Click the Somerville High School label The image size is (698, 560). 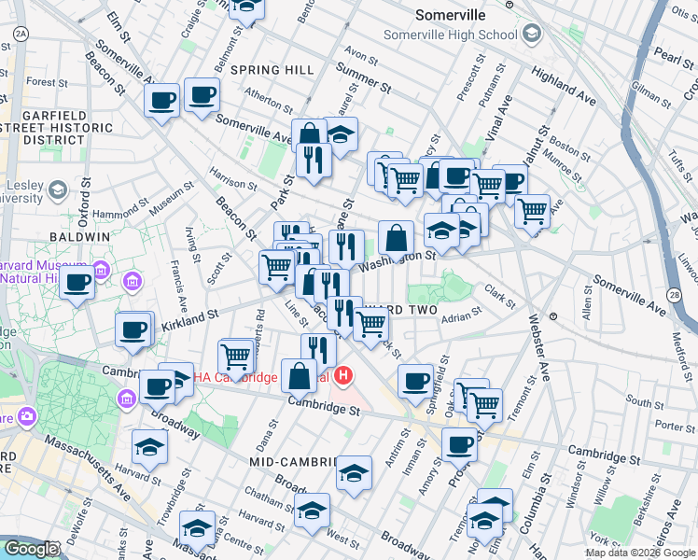(x=450, y=35)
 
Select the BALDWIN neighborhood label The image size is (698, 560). (x=80, y=237)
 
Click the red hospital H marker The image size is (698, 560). (x=344, y=377)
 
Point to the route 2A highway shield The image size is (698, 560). (x=21, y=34)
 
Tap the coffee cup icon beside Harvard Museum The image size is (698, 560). (x=77, y=282)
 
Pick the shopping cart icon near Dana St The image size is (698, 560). (x=236, y=356)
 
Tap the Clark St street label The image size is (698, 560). (x=500, y=297)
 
